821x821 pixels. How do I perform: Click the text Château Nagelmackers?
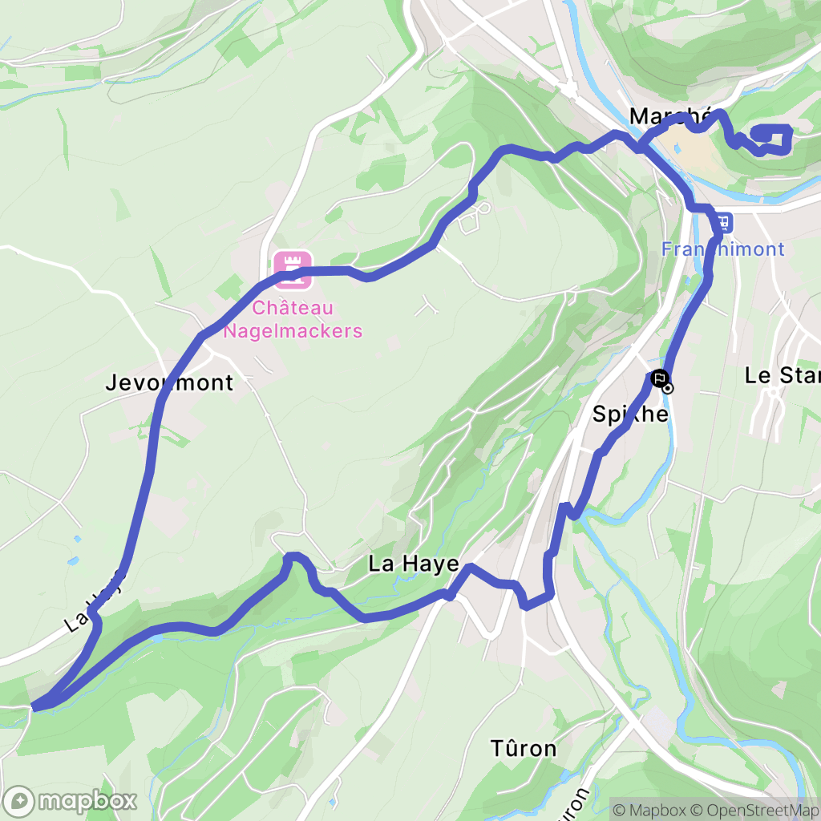tap(293, 319)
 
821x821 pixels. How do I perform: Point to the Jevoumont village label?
tap(169, 383)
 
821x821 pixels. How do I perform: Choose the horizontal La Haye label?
tap(414, 564)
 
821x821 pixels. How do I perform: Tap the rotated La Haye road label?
tap(95, 601)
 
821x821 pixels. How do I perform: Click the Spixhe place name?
tap(630, 414)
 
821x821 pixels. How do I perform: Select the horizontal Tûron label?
tap(524, 749)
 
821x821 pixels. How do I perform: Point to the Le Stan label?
tap(783, 375)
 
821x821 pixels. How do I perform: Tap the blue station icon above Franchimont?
tap(724, 220)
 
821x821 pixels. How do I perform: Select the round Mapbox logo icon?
tap(19, 800)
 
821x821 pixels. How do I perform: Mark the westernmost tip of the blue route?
tap(34, 706)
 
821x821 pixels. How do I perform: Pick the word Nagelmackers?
tap(293, 330)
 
